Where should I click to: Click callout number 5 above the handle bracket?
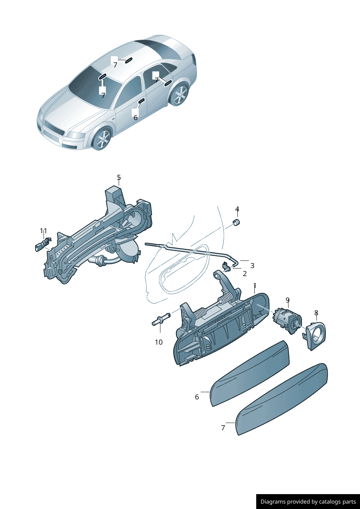tap(119, 177)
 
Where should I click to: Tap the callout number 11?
tap(44, 231)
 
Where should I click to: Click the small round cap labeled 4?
tap(236, 222)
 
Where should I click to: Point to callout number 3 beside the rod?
tap(252, 266)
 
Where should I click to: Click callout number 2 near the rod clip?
tap(245, 274)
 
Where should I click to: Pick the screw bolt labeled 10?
tap(161, 320)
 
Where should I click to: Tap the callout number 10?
tap(159, 342)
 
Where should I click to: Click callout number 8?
tap(316, 313)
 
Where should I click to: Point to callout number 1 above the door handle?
tap(255, 286)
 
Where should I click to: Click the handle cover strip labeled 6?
tap(250, 374)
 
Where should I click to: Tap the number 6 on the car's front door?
tap(135, 118)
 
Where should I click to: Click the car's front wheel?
tap(103, 139)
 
